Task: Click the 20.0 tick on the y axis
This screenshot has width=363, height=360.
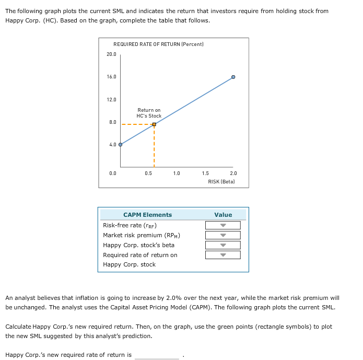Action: pyautogui.click(x=112, y=54)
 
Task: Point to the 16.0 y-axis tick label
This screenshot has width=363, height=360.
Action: pyautogui.click(x=112, y=77)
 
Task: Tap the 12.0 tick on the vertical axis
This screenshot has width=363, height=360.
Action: pyautogui.click(x=112, y=99)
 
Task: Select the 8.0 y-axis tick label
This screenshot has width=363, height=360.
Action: pyautogui.click(x=113, y=122)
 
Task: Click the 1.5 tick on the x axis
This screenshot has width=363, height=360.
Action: pyautogui.click(x=205, y=173)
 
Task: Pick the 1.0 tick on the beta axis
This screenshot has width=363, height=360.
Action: pyautogui.click(x=177, y=173)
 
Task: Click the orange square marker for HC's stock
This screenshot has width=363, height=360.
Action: pyautogui.click(x=154, y=124)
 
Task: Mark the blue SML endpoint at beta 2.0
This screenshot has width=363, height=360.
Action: pyautogui.click(x=233, y=77)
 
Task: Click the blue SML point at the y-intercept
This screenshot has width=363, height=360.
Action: pyautogui.click(x=121, y=145)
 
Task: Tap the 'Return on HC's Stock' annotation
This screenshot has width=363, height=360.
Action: pyautogui.click(x=149, y=113)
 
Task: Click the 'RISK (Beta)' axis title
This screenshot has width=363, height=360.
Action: pyautogui.click(x=221, y=181)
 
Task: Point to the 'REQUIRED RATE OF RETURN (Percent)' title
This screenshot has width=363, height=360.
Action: pyautogui.click(x=158, y=44)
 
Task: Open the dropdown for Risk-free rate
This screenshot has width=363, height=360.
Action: pyautogui.click(x=223, y=226)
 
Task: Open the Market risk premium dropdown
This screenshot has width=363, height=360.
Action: pyautogui.click(x=223, y=236)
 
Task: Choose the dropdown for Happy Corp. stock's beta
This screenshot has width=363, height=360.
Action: pyautogui.click(x=223, y=245)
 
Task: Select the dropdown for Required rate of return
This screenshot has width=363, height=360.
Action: pyautogui.click(x=223, y=255)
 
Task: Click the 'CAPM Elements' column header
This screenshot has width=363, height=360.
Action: pyautogui.click(x=147, y=215)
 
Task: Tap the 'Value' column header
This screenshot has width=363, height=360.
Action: pyautogui.click(x=223, y=215)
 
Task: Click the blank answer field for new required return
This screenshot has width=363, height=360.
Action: pyautogui.click(x=157, y=355)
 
